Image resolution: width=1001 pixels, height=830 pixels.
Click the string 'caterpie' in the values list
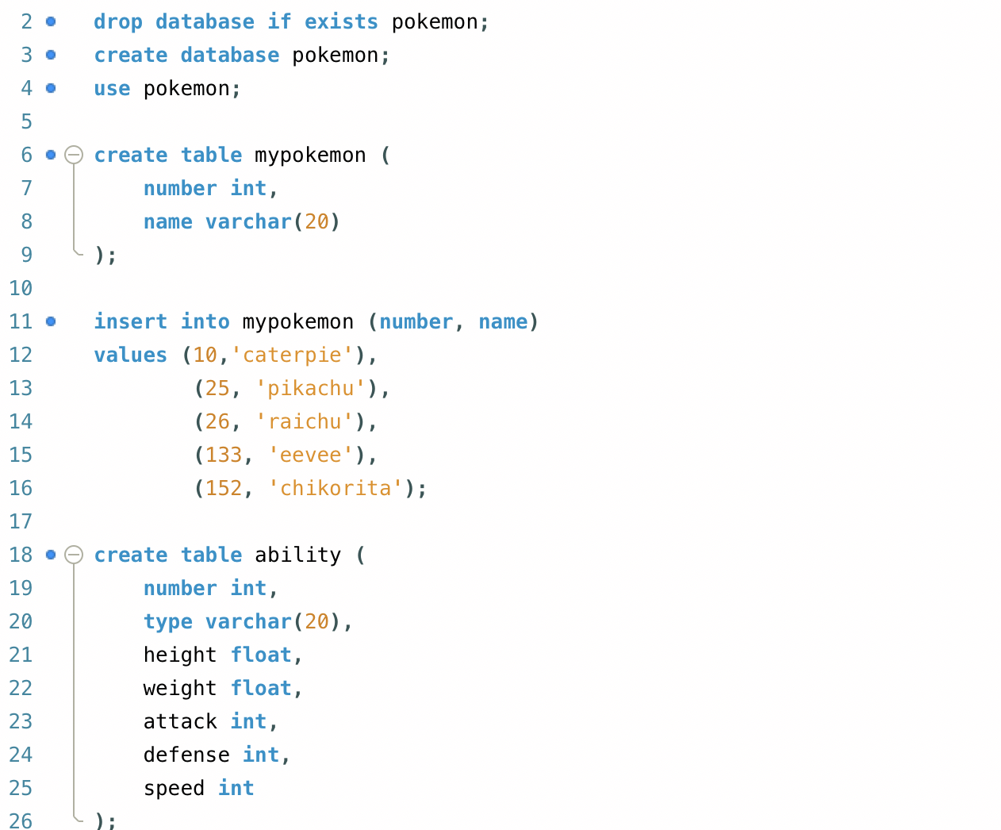[292, 355]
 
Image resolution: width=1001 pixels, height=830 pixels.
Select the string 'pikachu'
[310, 388]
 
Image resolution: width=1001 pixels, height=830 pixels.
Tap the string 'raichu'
[305, 421]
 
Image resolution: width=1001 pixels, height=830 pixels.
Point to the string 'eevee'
[310, 455]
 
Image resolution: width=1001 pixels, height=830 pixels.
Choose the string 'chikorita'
[336, 488]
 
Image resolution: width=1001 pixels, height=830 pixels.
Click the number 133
[224, 455]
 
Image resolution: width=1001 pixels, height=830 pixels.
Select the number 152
[224, 488]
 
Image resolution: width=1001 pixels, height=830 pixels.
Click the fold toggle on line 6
[74, 155]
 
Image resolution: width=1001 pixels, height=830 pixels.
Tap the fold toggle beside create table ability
[74, 555]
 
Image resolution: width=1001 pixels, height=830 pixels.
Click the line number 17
[21, 521]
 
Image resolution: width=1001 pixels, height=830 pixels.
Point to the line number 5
[27, 121]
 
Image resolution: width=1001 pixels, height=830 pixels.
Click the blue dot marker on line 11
[51, 321]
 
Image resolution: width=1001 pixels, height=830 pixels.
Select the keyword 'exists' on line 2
[341, 21]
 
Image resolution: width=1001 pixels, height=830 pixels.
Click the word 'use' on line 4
[112, 88]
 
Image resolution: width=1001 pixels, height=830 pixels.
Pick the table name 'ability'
[297, 555]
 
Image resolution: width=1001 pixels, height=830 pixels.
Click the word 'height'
[180, 655]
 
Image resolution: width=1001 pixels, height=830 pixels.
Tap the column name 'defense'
[186, 755]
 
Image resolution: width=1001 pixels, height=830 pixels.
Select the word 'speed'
[174, 788]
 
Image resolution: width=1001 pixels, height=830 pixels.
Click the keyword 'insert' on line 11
[130, 321]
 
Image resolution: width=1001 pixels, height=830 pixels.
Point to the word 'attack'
[180, 721]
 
